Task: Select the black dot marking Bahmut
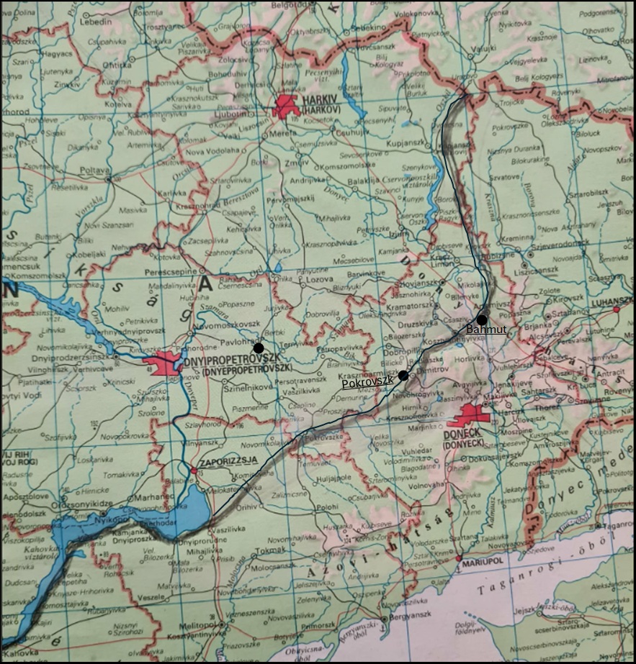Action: [481, 320]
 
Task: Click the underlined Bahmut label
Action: [487, 329]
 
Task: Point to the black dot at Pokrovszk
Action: [403, 375]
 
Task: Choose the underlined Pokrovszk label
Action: [367, 384]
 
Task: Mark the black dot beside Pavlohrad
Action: [258, 347]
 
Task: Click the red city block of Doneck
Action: [475, 415]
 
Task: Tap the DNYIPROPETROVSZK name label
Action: [228, 362]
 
